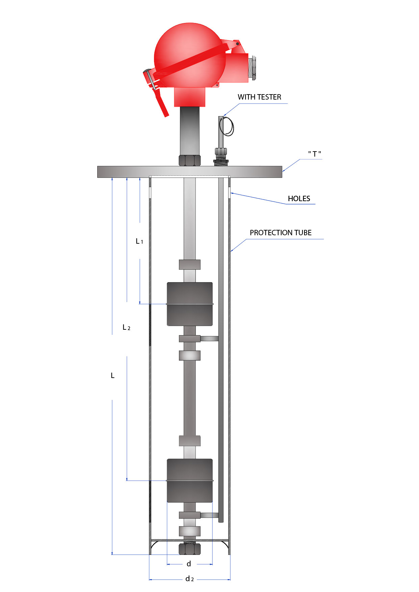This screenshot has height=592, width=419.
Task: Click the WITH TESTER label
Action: (259, 97)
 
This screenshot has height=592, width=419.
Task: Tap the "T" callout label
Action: (314, 154)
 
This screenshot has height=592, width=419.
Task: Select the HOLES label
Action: (299, 199)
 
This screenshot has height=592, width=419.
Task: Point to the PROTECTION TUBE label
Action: (281, 233)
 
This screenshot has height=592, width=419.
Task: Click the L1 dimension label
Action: (139, 241)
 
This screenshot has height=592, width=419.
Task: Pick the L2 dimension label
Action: (126, 327)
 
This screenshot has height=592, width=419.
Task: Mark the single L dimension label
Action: (113, 376)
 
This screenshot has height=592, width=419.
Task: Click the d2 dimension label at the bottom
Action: (189, 579)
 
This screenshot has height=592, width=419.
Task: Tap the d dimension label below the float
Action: (189, 564)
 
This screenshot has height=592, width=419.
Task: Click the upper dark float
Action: (190, 304)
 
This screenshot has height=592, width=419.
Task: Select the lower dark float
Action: (190, 481)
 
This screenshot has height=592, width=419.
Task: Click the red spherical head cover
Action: (189, 54)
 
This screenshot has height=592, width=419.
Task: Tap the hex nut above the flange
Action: (189, 160)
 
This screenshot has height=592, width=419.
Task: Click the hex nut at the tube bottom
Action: (189, 549)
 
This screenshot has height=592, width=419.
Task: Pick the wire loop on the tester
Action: (227, 127)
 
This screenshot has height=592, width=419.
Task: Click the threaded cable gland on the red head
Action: (252, 69)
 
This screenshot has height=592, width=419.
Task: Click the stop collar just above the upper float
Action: (189, 264)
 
